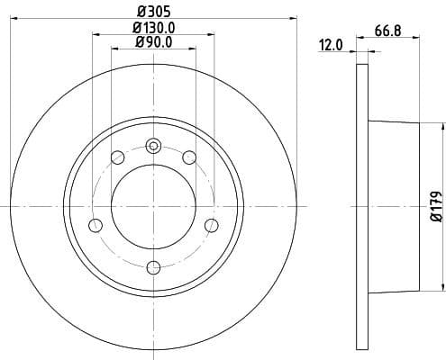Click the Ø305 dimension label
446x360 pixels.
(153, 12)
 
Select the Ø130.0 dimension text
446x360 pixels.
(153, 28)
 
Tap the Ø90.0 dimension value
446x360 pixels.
(153, 42)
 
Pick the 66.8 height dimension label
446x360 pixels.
(387, 30)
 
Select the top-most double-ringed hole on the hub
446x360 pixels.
(153, 146)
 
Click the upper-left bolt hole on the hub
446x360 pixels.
(117, 158)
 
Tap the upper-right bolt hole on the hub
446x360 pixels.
(189, 158)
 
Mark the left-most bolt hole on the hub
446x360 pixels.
(95, 225)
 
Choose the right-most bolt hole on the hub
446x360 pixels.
(212, 225)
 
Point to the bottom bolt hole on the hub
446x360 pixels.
(153, 266)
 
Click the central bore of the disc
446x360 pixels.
(153, 207)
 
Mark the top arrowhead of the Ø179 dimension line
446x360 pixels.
(442, 127)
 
